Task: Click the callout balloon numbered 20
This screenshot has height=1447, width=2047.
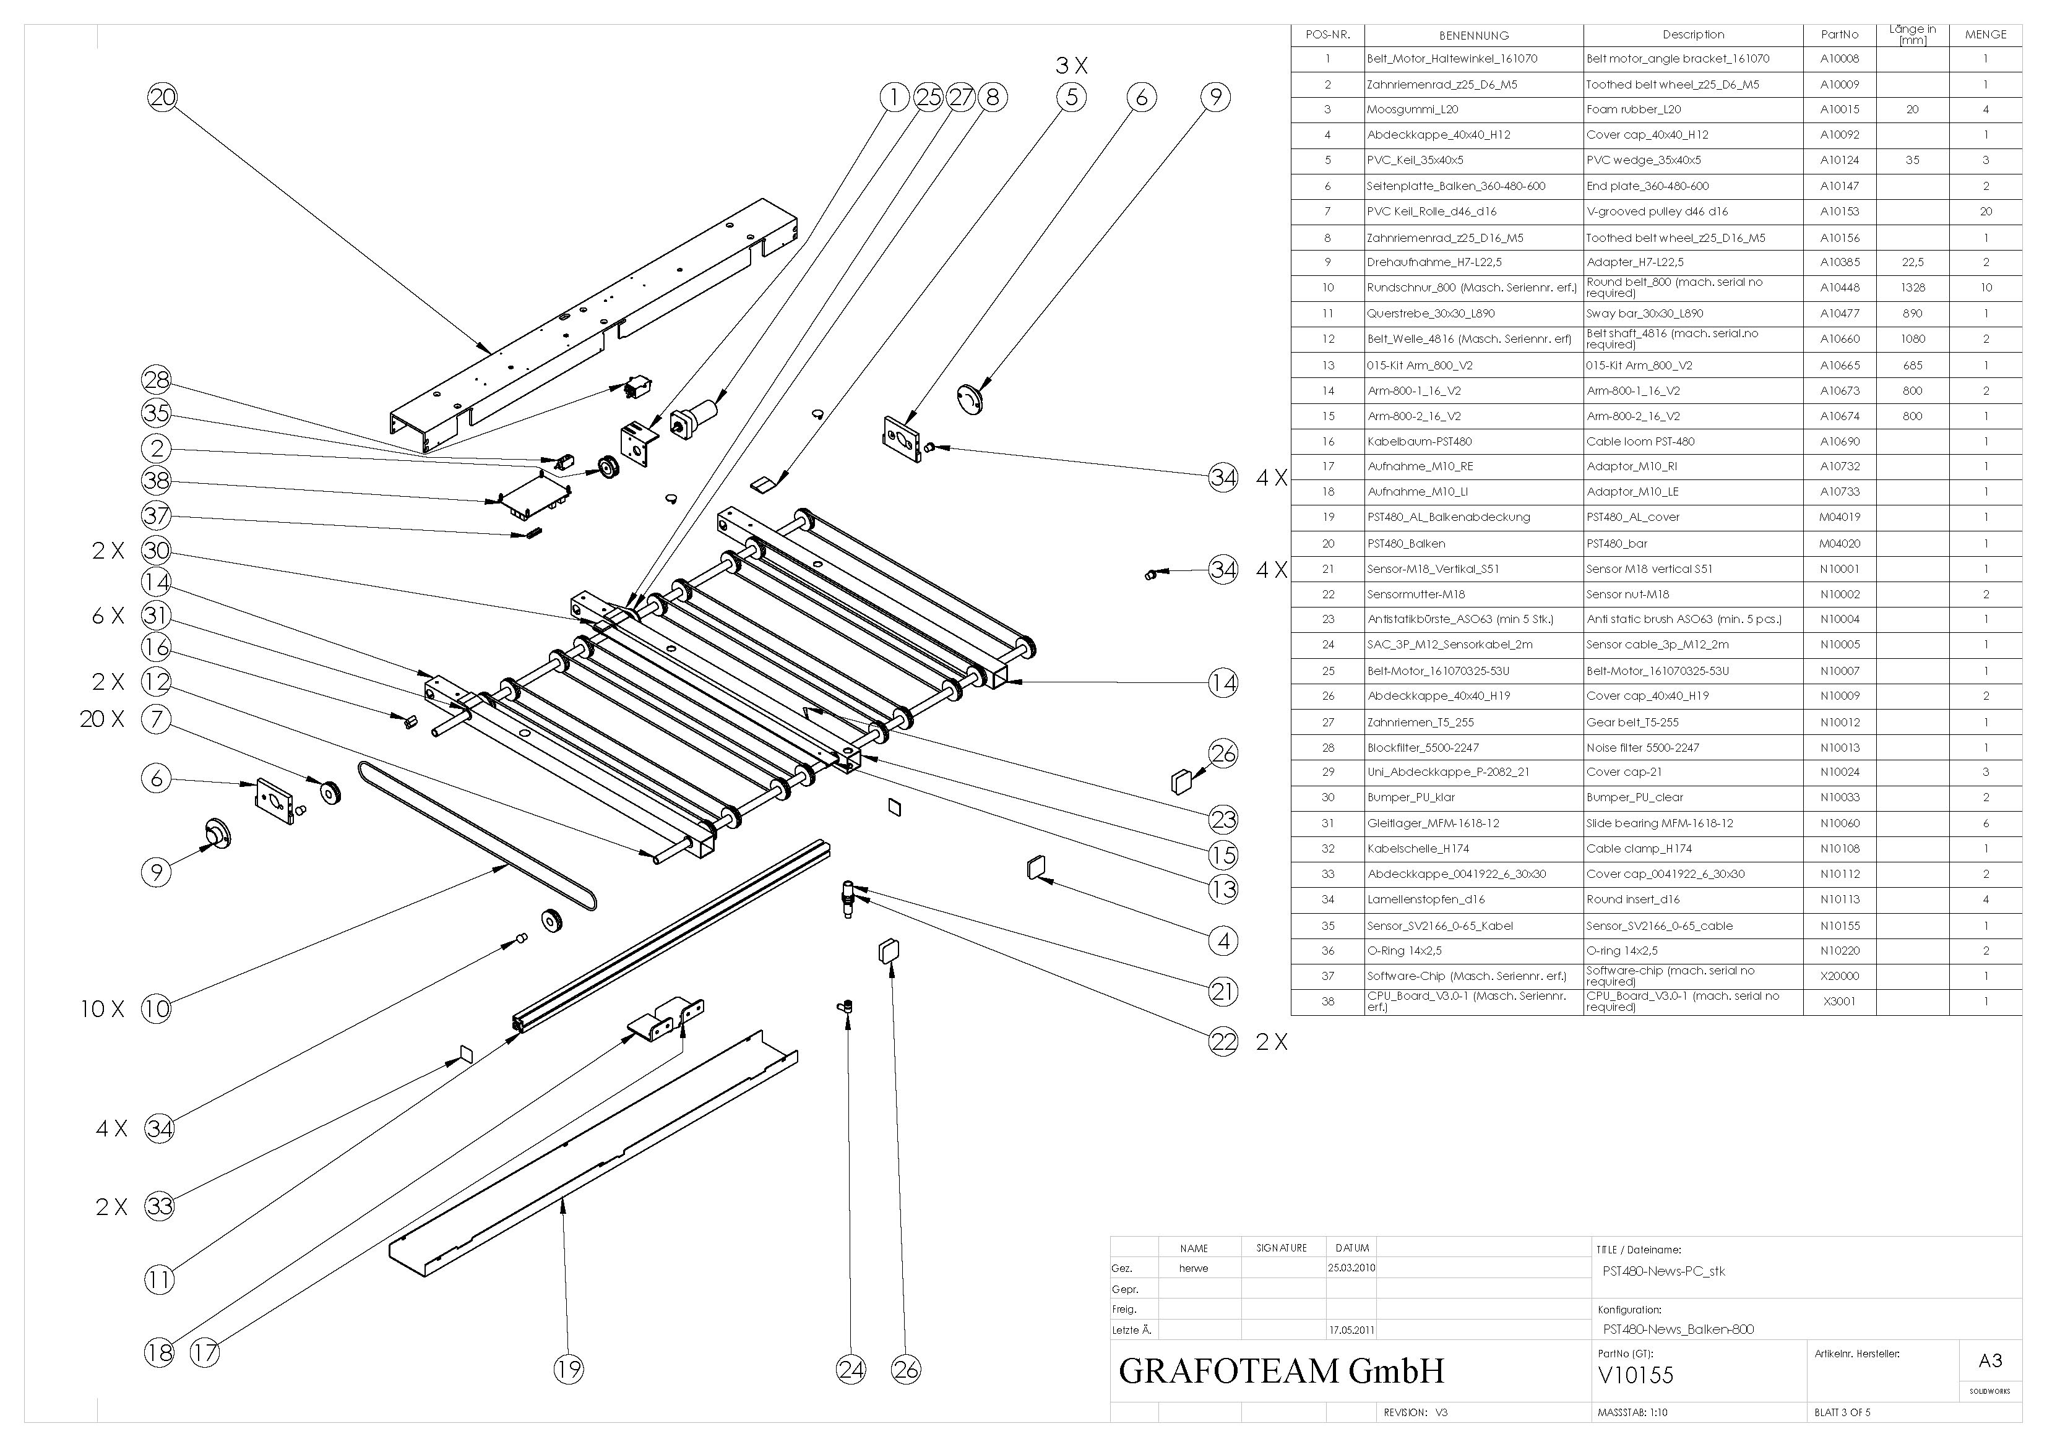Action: coord(162,97)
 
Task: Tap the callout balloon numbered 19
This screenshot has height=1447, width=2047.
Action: coord(568,1368)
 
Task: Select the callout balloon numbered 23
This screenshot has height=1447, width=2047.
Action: coord(1223,818)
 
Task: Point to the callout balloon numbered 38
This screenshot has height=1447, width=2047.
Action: coord(157,481)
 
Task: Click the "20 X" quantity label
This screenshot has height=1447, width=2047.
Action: coord(101,719)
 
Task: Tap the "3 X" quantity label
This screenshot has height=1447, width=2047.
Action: coord(1072,65)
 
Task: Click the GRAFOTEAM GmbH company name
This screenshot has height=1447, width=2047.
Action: coord(1281,1370)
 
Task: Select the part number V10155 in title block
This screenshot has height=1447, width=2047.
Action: coord(1636,1375)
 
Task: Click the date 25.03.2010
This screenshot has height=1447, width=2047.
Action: coord(1351,1268)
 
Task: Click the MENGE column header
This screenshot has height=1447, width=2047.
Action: coord(1986,35)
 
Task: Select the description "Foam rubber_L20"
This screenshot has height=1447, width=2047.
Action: coord(1633,109)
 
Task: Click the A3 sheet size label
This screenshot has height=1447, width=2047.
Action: coord(1990,1360)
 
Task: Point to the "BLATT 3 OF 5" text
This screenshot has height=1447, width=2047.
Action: coord(1842,1412)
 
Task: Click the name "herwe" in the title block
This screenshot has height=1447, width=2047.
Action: coord(1193,1268)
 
